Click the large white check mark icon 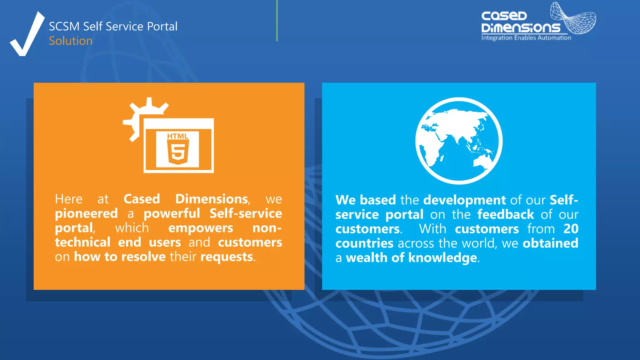[x=27, y=36]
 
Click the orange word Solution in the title [x=71, y=41]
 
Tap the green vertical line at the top [x=277, y=21]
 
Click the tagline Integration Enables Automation [x=526, y=38]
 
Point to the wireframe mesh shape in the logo [x=573, y=19]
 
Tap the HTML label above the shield [x=177, y=136]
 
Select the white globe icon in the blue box [x=458, y=141]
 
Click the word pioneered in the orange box [x=86, y=214]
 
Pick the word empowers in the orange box [x=200, y=228]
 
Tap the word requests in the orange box [x=227, y=257]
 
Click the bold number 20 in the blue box [x=571, y=229]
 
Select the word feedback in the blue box [x=505, y=215]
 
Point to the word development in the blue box [x=464, y=200]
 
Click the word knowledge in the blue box [x=442, y=258]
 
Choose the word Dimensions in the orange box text [x=212, y=199]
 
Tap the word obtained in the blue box [x=550, y=243]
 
